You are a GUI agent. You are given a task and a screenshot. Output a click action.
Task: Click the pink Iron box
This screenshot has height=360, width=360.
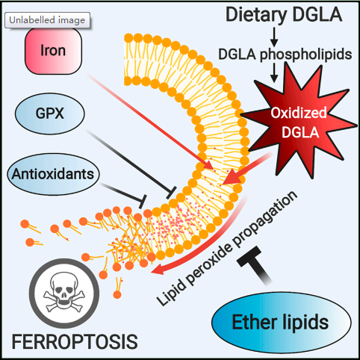(53, 51)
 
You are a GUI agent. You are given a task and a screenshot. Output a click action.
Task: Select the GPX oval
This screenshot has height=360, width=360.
(50, 114)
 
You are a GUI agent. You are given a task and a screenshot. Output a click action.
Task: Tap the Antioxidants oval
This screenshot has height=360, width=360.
(53, 174)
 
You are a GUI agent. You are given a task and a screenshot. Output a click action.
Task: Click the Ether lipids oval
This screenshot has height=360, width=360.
(282, 322)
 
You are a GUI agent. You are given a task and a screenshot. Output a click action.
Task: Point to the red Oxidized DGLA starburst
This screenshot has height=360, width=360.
(299, 122)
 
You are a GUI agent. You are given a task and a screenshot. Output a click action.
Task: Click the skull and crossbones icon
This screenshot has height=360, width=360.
(64, 294)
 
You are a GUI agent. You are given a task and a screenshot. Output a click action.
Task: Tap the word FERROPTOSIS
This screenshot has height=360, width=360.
(75, 341)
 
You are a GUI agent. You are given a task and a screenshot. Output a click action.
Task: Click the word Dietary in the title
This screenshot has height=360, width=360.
(256, 15)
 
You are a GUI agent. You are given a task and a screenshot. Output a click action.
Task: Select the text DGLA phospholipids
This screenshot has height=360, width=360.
(285, 55)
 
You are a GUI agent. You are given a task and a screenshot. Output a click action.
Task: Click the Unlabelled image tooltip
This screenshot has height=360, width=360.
(47, 20)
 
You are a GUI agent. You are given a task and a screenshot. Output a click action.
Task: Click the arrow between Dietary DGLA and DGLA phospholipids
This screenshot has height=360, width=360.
(274, 37)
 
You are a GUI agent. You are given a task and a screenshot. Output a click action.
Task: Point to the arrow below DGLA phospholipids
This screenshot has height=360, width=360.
(274, 72)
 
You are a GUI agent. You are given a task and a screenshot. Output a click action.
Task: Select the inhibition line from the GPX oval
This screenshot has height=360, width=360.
(131, 164)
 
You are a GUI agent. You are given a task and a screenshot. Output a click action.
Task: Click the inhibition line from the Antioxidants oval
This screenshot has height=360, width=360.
(123, 193)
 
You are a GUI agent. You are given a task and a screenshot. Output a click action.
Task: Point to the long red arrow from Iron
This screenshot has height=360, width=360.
(150, 122)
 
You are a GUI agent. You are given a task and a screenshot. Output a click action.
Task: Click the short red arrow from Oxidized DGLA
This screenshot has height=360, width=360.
(246, 170)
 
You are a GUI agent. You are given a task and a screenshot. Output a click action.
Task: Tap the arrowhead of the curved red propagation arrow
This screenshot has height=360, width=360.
(158, 270)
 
